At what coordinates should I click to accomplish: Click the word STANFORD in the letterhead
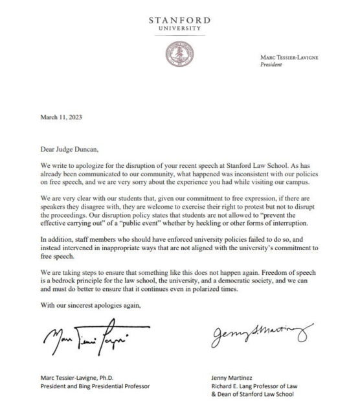click(179, 20)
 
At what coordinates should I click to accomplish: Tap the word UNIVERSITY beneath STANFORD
click(179, 29)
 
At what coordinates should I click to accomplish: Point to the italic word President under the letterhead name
click(270, 65)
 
